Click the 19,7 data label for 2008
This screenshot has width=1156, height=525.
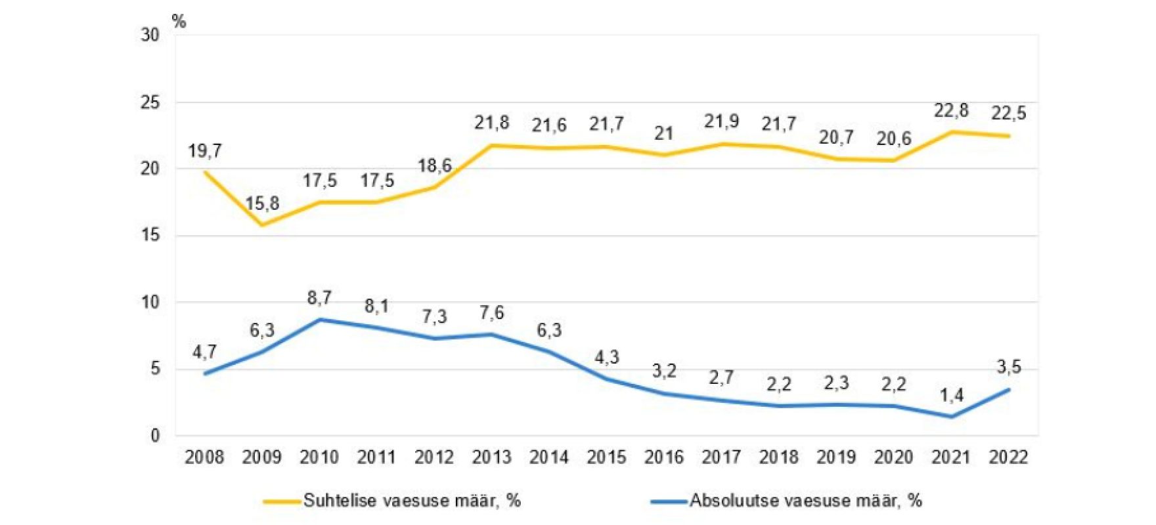pos(205,152)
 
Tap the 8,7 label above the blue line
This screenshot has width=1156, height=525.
pos(319,298)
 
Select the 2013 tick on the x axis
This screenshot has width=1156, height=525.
pos(491,457)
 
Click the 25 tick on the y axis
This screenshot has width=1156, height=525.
pos(150,102)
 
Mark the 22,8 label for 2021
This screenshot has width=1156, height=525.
pos(951,111)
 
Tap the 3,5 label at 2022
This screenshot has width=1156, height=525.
pos(1009,367)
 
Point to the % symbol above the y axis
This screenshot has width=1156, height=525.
pos(179,22)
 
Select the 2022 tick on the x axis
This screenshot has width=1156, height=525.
pos(1008,457)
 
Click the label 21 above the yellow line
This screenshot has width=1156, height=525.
pos(664,134)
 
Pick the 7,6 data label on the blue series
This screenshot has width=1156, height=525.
pos(491,313)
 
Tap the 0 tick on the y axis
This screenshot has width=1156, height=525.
pos(155,436)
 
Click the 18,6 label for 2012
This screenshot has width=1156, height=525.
pos(434,165)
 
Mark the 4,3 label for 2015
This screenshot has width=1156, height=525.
pos(606,357)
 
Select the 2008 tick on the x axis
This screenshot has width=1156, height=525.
pos(204,457)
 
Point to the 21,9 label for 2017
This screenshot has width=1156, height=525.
pos(721,121)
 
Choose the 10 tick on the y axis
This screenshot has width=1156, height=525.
pos(150,303)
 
